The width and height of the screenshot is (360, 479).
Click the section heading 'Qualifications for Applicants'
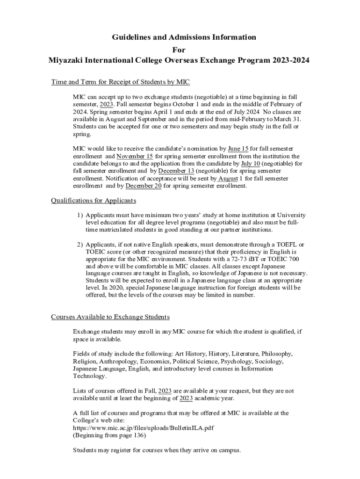(93, 201)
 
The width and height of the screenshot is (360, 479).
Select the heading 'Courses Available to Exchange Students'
(110, 317)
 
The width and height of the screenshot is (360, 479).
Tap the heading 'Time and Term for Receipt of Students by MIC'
(120, 82)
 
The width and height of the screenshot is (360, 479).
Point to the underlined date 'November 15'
(135, 156)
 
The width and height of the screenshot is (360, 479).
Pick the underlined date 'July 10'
(250, 164)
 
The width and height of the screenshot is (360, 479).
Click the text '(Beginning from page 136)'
(109, 435)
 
